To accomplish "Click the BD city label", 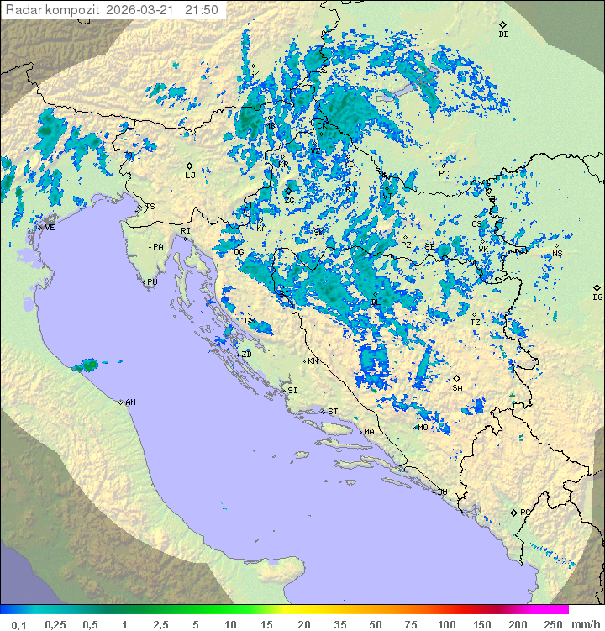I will click(x=503, y=34).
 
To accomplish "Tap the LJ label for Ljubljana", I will click(x=190, y=175).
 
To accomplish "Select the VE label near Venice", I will click(x=50, y=228).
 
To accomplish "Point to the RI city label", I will click(x=186, y=230).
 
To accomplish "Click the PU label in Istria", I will click(x=152, y=282).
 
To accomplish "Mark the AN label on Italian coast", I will click(x=130, y=402).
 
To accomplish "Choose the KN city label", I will click(x=313, y=361).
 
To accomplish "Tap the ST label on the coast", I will click(x=333, y=411).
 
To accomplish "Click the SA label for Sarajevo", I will click(x=457, y=387).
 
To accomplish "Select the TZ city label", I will click(x=476, y=322).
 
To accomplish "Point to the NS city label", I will click(x=557, y=253).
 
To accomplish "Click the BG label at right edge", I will click(x=597, y=297).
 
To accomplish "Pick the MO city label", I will click(x=423, y=427).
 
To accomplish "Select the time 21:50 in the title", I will click(x=202, y=10).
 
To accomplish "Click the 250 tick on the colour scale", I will click(x=552, y=624).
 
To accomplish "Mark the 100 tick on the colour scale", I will click(x=446, y=624).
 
